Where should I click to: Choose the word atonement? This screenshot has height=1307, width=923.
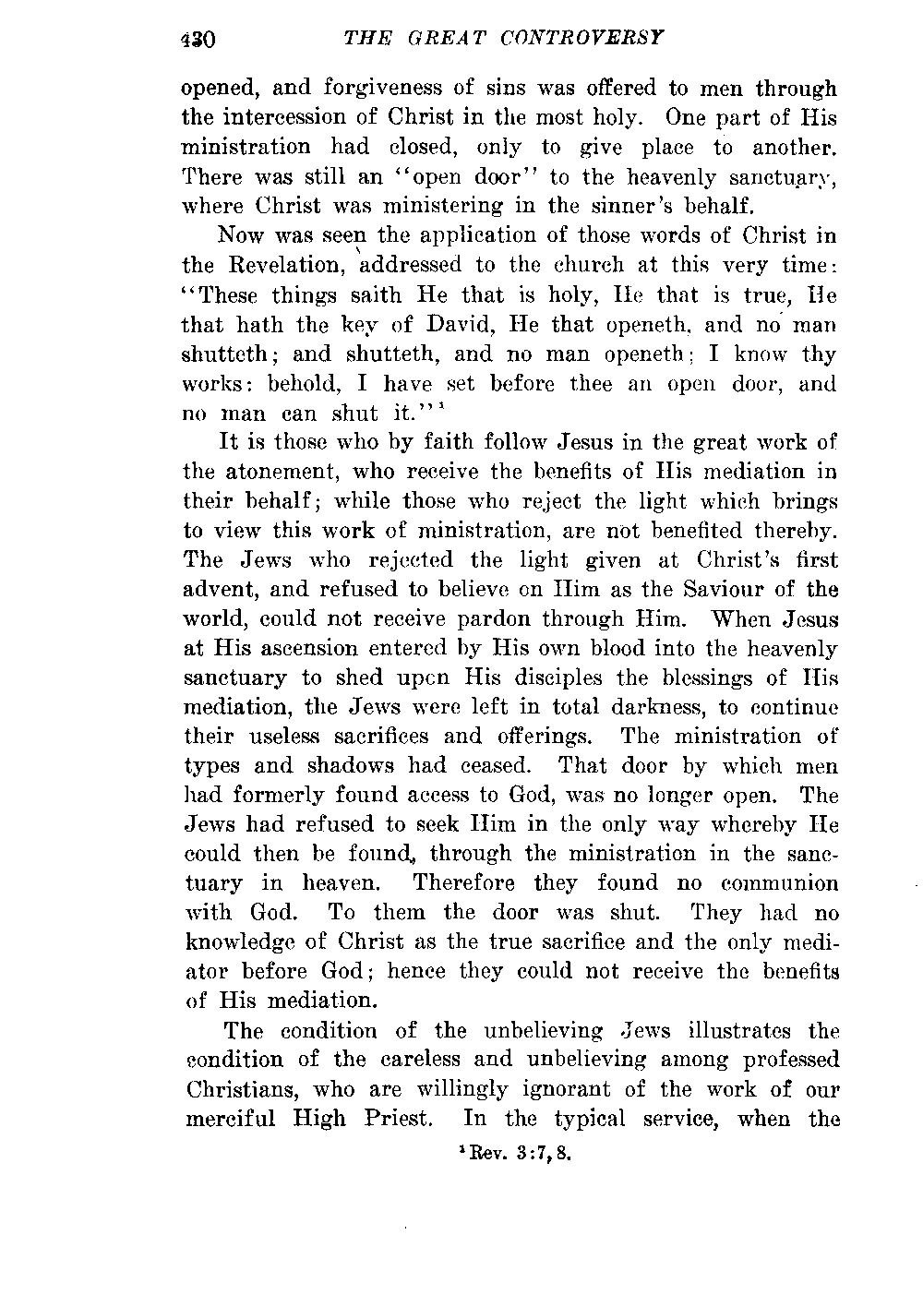[x=285, y=473]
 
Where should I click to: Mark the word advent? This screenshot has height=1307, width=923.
[x=218, y=590]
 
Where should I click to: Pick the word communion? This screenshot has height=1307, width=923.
[x=780, y=883]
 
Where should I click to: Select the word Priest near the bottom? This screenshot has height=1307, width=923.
[x=394, y=1120]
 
